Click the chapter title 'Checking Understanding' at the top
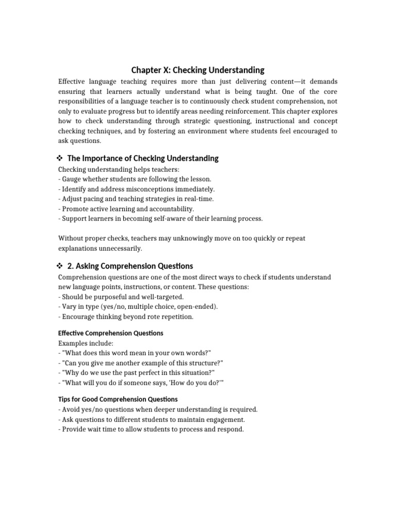tap(219, 70)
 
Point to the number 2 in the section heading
tap(70, 266)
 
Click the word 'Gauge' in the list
tap(72, 179)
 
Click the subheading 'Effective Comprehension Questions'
tap(111, 333)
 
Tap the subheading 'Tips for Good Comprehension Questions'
tap(118, 399)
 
